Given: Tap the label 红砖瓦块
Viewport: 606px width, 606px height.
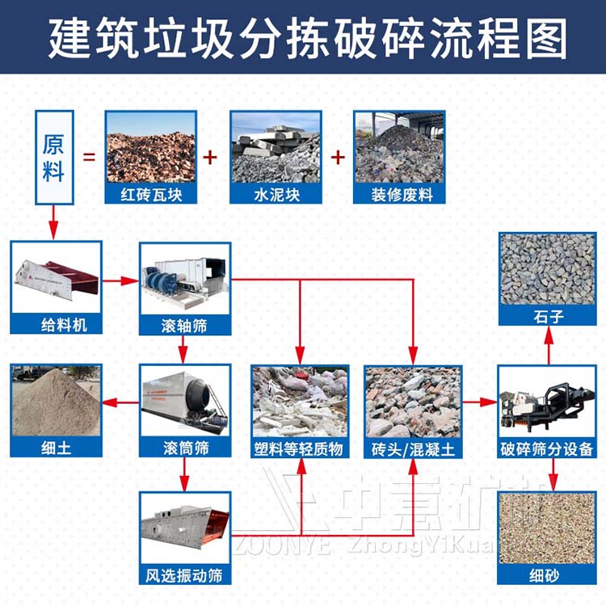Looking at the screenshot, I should coord(151,195).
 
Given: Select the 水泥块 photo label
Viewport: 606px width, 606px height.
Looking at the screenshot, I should coord(276,195).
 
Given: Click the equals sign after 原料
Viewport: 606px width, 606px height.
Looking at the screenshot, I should coord(89,156).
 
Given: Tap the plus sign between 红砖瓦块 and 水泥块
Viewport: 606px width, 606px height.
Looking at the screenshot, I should coord(212,156).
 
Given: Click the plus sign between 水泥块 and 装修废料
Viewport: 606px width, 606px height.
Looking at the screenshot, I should coord(338,156).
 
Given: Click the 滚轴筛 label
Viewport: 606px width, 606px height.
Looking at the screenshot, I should coord(184,326).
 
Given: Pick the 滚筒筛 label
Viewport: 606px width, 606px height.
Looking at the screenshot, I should coord(184,447).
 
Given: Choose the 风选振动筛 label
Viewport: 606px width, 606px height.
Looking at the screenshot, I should coord(184,575).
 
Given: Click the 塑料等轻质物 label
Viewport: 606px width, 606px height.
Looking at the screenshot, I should coord(300,447).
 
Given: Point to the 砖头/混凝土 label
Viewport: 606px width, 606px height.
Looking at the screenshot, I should coord(412,447).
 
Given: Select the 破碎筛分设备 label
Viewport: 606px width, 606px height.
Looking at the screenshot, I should coord(547,447).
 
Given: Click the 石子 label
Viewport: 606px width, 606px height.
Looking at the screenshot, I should coord(547,317).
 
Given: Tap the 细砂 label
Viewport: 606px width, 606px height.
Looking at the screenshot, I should coord(547,575).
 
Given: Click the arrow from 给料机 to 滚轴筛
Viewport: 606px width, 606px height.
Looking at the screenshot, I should coord(120,281).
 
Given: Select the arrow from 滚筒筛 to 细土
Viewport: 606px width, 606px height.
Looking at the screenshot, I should coord(121,402).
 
